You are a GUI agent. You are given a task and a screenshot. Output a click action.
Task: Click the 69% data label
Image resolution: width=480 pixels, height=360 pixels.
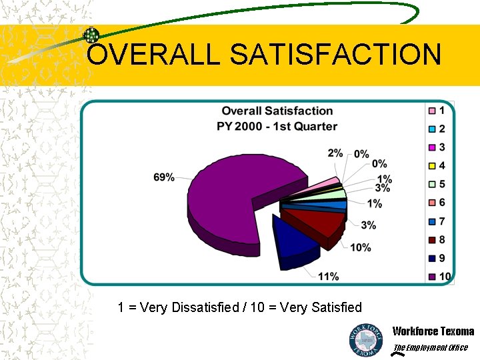(163, 177)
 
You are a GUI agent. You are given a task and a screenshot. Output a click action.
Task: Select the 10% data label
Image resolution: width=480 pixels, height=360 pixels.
(360, 247)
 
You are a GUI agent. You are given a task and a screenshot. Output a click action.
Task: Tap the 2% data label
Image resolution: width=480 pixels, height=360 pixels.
(335, 153)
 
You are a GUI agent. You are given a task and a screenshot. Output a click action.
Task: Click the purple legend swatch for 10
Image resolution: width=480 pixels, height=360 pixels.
(432, 277)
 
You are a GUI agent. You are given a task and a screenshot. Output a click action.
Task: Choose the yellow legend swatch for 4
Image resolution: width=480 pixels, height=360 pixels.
(432, 165)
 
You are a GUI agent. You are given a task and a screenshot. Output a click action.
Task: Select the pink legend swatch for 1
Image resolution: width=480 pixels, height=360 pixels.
(432, 110)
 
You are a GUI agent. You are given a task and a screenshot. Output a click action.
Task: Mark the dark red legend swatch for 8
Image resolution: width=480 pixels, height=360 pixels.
(432, 240)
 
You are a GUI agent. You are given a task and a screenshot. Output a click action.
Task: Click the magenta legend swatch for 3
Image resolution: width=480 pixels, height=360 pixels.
(432, 147)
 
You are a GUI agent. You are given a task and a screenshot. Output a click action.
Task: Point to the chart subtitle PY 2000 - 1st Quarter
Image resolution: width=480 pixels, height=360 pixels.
(277, 126)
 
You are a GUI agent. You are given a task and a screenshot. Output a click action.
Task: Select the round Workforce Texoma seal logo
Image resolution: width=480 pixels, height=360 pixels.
(366, 339)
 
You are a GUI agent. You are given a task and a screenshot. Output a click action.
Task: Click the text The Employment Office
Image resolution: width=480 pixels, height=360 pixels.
(430, 347)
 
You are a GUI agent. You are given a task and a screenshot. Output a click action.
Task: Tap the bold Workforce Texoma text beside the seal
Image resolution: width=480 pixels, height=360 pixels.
(433, 331)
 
